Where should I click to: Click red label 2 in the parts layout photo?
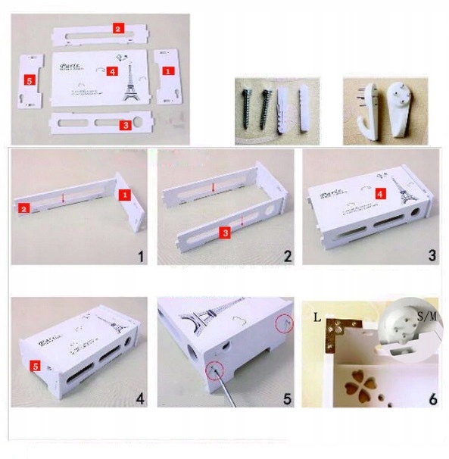(x=118, y=28)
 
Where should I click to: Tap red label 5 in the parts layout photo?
(x=29, y=80)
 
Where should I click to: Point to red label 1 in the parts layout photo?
(x=168, y=69)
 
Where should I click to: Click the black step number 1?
(x=140, y=257)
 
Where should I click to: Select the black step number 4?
(x=141, y=396)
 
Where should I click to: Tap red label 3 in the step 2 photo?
(x=225, y=233)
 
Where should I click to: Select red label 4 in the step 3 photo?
(x=382, y=193)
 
